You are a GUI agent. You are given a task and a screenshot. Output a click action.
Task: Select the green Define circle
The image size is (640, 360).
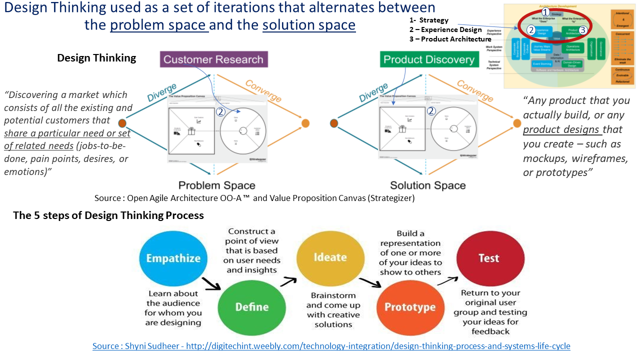point(252,306)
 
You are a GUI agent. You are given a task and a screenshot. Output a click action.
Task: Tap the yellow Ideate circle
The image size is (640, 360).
point(329,257)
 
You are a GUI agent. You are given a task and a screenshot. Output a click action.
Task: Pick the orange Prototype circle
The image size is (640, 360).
point(409,307)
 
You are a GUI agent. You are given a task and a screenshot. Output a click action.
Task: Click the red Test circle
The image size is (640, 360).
point(488,258)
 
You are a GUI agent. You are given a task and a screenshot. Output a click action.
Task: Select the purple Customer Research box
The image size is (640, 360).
point(213,59)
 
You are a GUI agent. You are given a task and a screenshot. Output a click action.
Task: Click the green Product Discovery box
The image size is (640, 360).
point(428,59)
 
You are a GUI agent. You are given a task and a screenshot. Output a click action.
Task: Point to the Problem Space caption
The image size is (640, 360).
point(216,185)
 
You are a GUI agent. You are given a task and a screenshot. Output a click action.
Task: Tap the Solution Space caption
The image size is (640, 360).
point(427,185)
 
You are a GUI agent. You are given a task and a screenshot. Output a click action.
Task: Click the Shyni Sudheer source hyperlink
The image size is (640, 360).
point(331,346)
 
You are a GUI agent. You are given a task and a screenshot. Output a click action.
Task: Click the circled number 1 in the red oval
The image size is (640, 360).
point(545,11)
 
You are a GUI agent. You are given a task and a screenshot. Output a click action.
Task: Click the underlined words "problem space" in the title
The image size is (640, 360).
point(159,24)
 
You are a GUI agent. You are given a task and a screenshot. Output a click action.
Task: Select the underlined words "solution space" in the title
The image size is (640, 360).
point(308,24)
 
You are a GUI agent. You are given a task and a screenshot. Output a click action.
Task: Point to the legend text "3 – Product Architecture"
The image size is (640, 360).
point(450,39)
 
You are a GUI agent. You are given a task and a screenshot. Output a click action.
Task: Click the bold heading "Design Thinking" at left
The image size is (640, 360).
point(96,58)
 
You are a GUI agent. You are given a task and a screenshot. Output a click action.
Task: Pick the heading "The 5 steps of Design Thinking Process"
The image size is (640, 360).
point(108,215)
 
